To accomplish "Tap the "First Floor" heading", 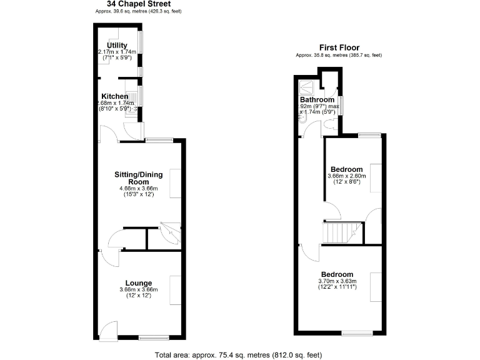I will (339, 47).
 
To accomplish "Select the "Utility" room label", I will (117, 46).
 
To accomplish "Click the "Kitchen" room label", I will (115, 96).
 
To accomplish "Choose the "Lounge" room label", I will (138, 283).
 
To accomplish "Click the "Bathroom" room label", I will (317, 100).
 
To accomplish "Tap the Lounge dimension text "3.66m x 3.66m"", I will (138, 289).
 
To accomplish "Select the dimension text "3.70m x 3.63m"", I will (337, 281).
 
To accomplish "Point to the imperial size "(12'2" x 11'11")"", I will (337, 287).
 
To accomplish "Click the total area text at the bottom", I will (238, 355).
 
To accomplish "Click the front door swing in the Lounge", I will (107, 329).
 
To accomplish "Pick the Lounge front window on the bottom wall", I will (149, 337).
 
